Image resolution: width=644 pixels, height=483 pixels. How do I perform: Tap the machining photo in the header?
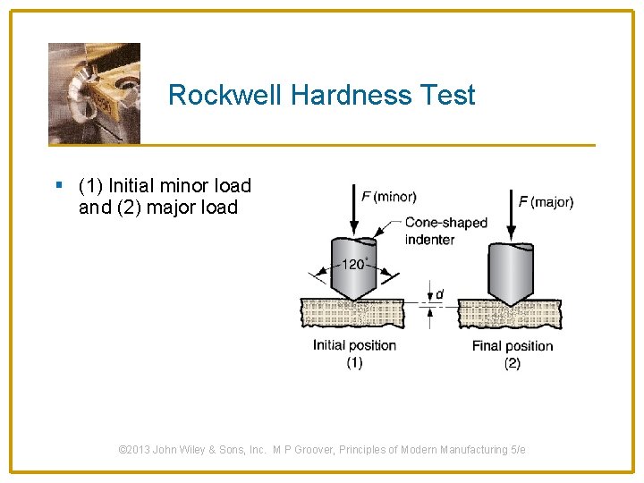(94, 93)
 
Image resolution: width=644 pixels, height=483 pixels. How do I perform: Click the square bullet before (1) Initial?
(59, 186)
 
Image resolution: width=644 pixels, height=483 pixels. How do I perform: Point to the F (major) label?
(546, 202)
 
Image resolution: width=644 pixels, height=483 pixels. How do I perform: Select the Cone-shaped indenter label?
(445, 231)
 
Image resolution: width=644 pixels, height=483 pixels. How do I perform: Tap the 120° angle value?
(353, 264)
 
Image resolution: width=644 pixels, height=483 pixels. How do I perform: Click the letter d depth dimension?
(439, 293)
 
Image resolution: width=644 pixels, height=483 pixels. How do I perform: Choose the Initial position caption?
(354, 345)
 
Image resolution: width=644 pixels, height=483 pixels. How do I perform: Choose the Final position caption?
(513, 346)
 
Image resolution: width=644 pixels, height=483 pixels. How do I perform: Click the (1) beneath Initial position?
(354, 362)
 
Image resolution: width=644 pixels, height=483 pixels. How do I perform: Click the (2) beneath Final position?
(513, 363)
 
